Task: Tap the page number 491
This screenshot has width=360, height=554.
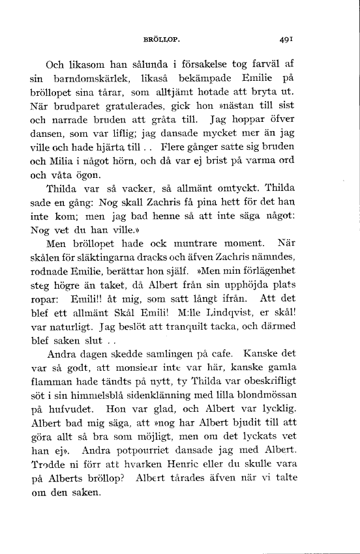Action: [284, 39]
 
